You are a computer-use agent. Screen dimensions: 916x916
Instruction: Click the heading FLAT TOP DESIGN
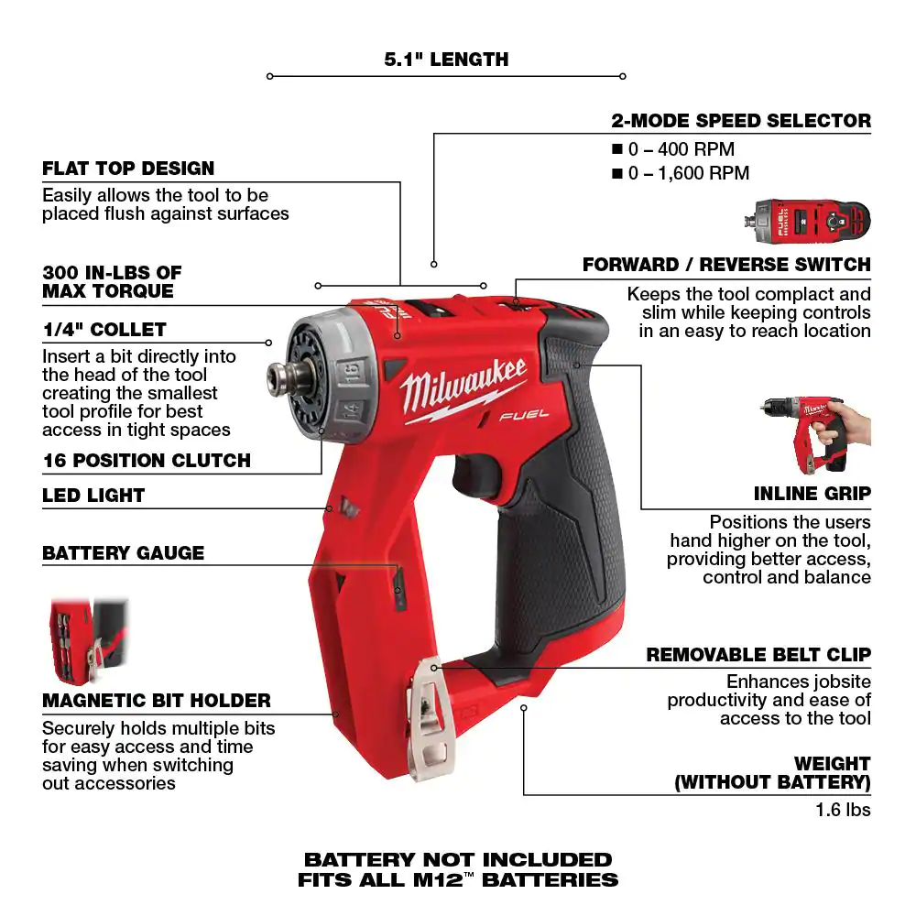(x=128, y=169)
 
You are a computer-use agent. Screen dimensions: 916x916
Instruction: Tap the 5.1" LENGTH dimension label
(x=446, y=60)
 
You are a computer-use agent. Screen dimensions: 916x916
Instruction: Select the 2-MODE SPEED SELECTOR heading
(x=741, y=120)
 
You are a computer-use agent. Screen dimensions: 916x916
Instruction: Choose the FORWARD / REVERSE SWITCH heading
(x=726, y=265)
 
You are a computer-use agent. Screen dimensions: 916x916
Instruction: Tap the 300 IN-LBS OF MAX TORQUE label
(x=112, y=282)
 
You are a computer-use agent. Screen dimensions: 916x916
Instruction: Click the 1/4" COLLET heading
(x=104, y=330)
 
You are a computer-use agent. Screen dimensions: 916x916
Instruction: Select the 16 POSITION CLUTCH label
(x=147, y=460)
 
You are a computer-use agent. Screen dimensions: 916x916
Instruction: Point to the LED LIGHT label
(x=93, y=496)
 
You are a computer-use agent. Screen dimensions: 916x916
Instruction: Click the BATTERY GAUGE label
(x=123, y=553)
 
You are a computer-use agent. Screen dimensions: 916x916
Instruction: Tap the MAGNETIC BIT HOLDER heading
(x=157, y=701)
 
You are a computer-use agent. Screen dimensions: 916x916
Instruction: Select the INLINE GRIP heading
(x=812, y=494)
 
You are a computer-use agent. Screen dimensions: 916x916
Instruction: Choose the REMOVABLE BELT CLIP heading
(x=758, y=655)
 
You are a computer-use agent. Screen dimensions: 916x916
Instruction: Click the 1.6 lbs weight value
(x=843, y=810)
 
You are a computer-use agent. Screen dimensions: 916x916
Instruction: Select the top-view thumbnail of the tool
(x=810, y=220)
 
